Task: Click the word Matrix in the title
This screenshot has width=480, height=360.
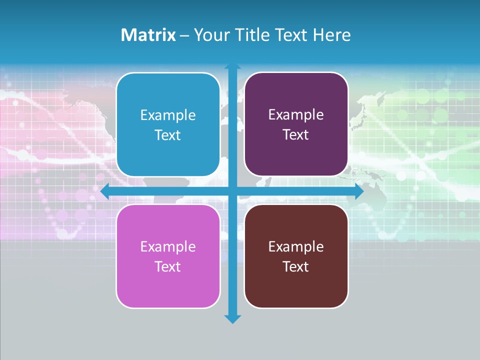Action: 148,35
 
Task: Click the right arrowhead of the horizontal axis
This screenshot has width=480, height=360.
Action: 359,191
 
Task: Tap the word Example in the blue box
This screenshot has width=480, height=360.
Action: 168,115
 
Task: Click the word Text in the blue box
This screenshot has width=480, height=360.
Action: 168,135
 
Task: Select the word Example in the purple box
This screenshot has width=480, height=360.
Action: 296,115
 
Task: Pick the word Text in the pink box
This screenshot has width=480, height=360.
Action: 168,267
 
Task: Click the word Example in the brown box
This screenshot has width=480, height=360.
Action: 296,246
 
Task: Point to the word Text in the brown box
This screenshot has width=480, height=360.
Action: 296,267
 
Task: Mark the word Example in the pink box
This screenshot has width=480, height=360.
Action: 168,246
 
